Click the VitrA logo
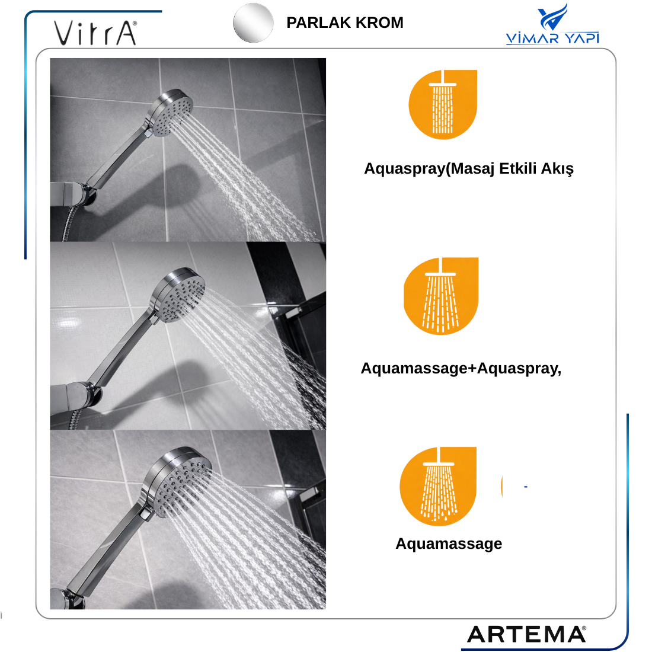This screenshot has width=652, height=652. pos(95,33)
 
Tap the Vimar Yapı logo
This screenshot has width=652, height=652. pos(552,24)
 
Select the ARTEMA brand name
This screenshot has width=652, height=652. pos(527,635)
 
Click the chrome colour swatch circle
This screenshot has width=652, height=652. pos(253,23)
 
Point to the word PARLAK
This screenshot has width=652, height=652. pos(317,23)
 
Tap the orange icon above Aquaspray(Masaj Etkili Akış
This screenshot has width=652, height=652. pos(443,104)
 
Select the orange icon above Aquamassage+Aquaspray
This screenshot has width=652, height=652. pos(441,296)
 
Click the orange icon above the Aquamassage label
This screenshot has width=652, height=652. pos(438,486)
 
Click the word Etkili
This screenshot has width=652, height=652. pos(517,168)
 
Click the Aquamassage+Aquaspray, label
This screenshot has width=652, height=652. pos(461,369)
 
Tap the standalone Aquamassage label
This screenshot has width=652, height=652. pos(449,544)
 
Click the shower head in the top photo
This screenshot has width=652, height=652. pos(171,112)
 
